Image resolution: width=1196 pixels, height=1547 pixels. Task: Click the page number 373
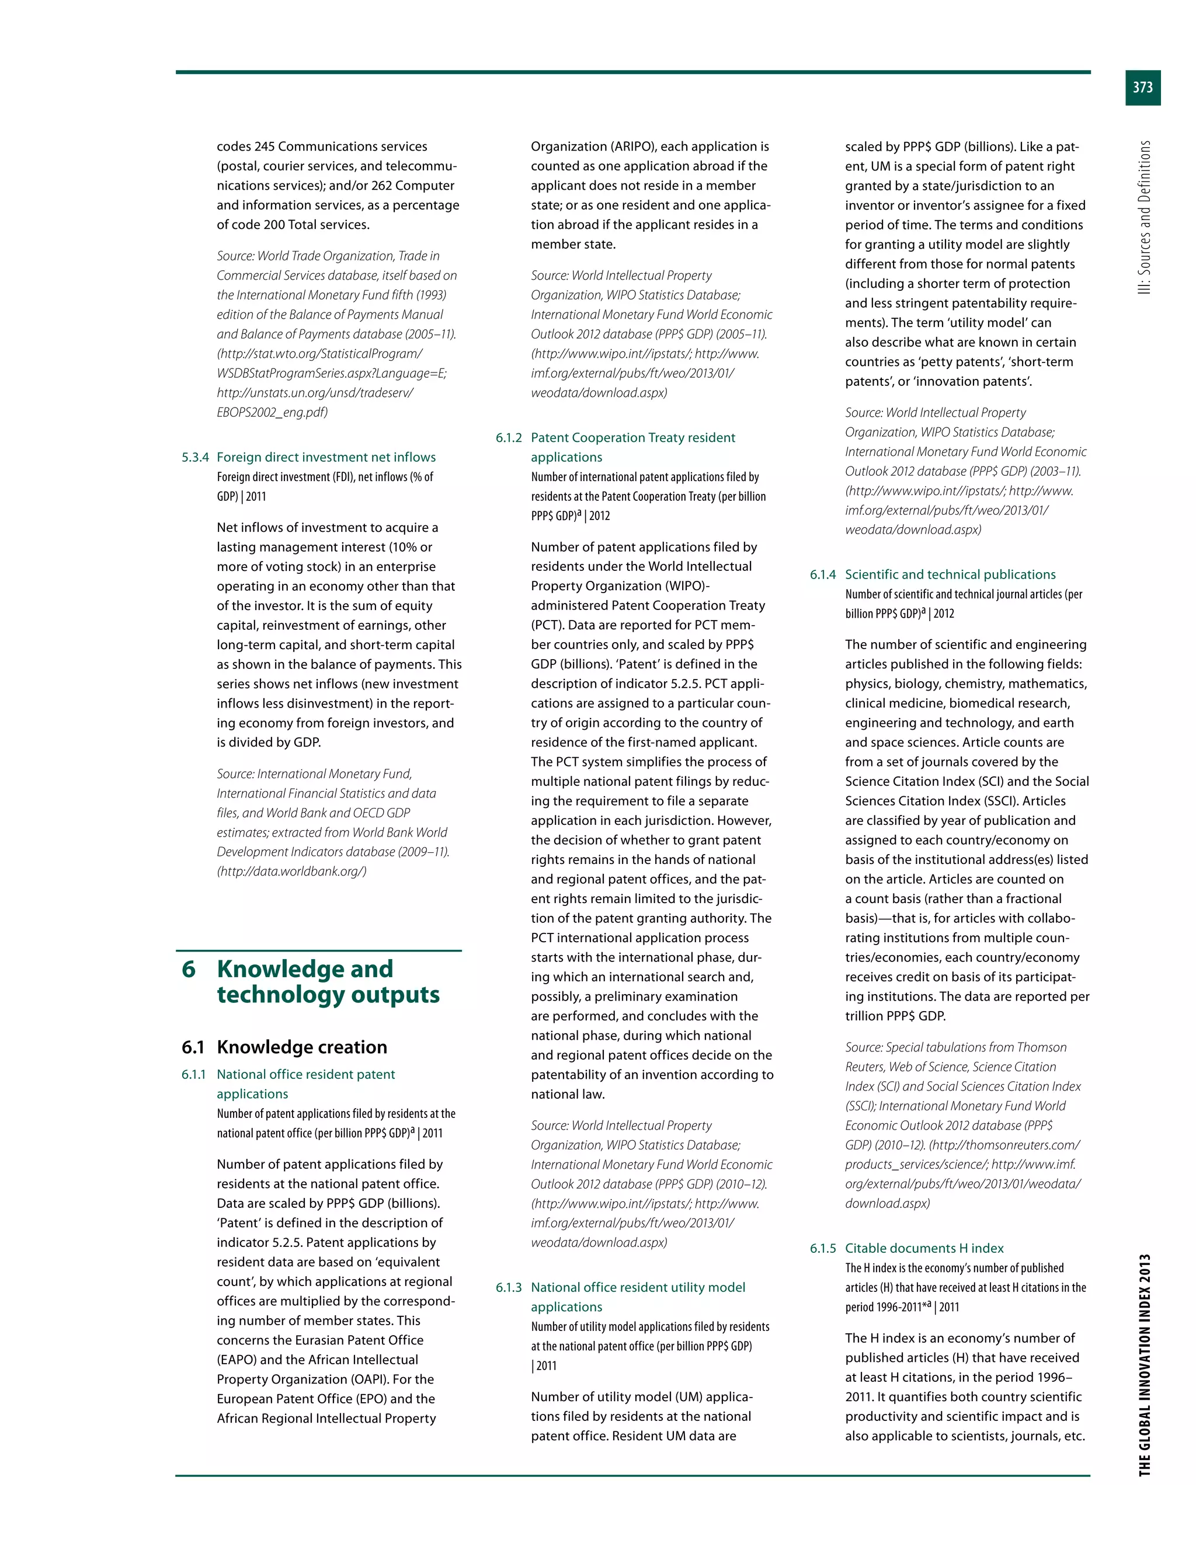(1142, 88)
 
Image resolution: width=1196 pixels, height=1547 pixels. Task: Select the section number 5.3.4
(195, 458)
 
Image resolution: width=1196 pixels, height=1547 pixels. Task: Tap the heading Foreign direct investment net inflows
(326, 458)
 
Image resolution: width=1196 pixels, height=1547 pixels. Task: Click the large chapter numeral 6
(189, 969)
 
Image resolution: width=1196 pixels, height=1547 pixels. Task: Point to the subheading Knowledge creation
(302, 1047)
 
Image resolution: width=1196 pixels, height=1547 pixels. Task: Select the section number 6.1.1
(193, 1075)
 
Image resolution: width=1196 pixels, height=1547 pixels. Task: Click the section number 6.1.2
(509, 438)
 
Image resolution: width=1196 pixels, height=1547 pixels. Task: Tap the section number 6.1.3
(509, 1287)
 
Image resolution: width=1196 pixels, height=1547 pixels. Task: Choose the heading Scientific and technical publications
(950, 574)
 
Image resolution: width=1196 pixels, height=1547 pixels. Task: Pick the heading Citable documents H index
(924, 1248)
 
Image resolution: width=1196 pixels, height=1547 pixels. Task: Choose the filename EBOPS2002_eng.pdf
(272, 412)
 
